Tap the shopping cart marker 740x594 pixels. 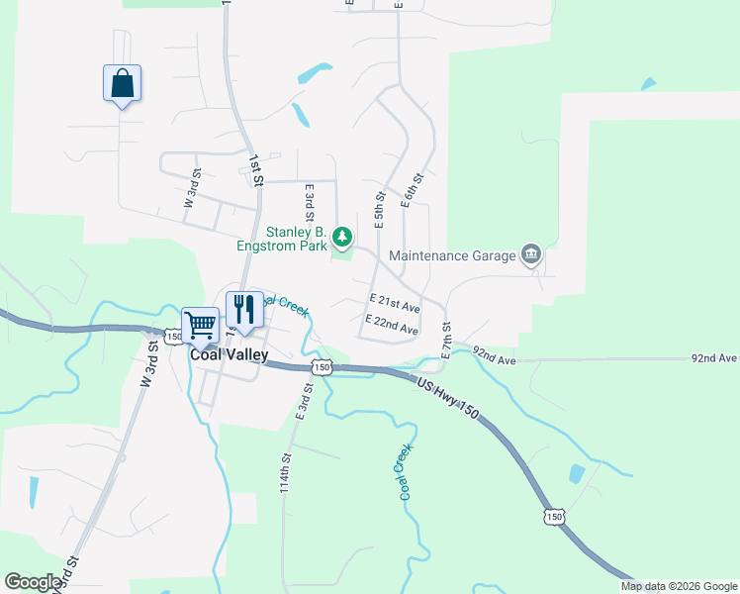point(200,324)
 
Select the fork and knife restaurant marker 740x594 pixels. point(243,309)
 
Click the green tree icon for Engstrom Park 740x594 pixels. point(342,237)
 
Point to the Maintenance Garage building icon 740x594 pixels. point(531,255)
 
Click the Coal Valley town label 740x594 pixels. point(229,353)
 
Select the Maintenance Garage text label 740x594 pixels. point(452,255)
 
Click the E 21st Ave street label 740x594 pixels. point(395,300)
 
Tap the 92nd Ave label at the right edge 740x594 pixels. point(714,357)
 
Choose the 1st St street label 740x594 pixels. point(255,169)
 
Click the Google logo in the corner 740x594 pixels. point(33,582)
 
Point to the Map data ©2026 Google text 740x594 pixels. point(678,586)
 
